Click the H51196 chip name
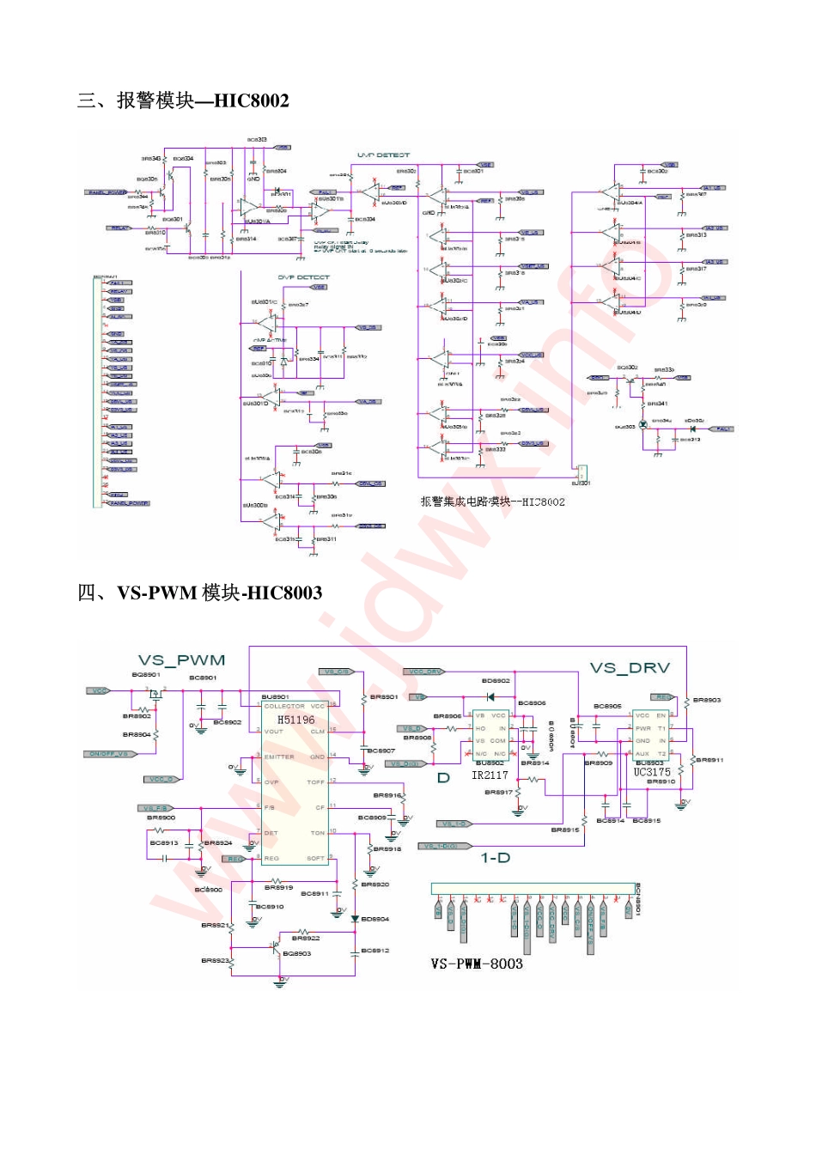point(296,720)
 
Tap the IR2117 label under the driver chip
point(490,775)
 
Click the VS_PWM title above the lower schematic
point(182,660)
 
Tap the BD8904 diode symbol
point(355,919)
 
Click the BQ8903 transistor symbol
point(276,947)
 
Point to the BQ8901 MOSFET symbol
point(155,692)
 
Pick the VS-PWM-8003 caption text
point(477,964)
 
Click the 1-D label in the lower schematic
point(495,857)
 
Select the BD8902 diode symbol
point(490,696)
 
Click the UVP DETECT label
point(383,155)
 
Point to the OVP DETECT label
point(303,277)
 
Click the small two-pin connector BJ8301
point(582,472)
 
